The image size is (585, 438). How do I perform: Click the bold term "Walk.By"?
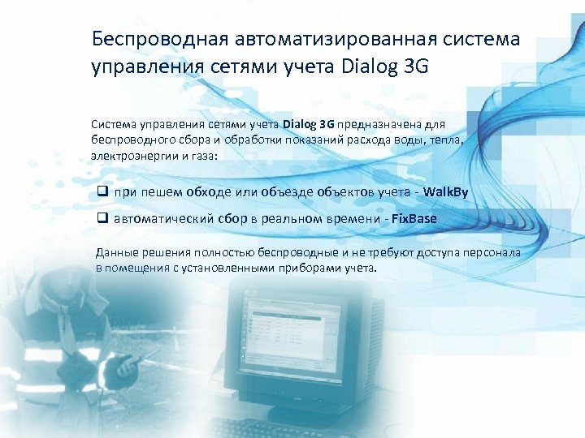pyautogui.click(x=446, y=191)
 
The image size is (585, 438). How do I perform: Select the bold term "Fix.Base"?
pyautogui.click(x=414, y=218)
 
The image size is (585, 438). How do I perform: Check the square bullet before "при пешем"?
pyautogui.click(x=102, y=191)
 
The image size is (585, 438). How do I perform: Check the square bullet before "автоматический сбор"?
pyautogui.click(x=102, y=218)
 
